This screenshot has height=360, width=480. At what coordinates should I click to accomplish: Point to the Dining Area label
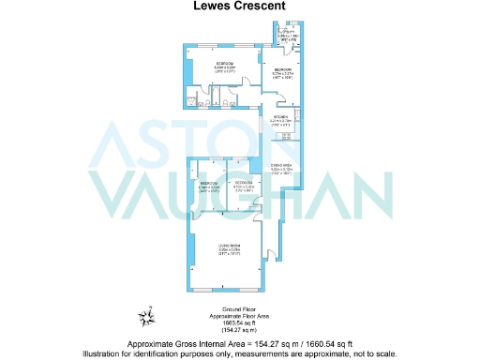tap(283, 168)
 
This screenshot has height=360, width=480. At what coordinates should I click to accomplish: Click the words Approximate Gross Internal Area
tap(188, 343)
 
